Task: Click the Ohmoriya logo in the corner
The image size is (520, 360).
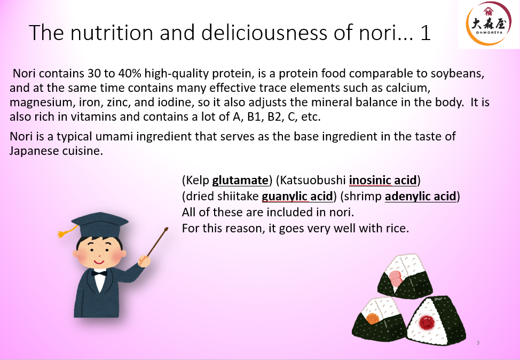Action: pyautogui.click(x=488, y=24)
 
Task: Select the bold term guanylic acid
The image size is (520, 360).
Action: pyautogui.click(x=297, y=196)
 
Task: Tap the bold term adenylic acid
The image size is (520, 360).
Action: pyautogui.click(x=421, y=196)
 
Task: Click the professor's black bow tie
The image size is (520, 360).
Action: pyautogui.click(x=99, y=273)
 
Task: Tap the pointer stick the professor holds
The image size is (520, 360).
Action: pyautogui.click(x=156, y=240)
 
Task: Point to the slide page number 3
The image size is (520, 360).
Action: pyautogui.click(x=478, y=342)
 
